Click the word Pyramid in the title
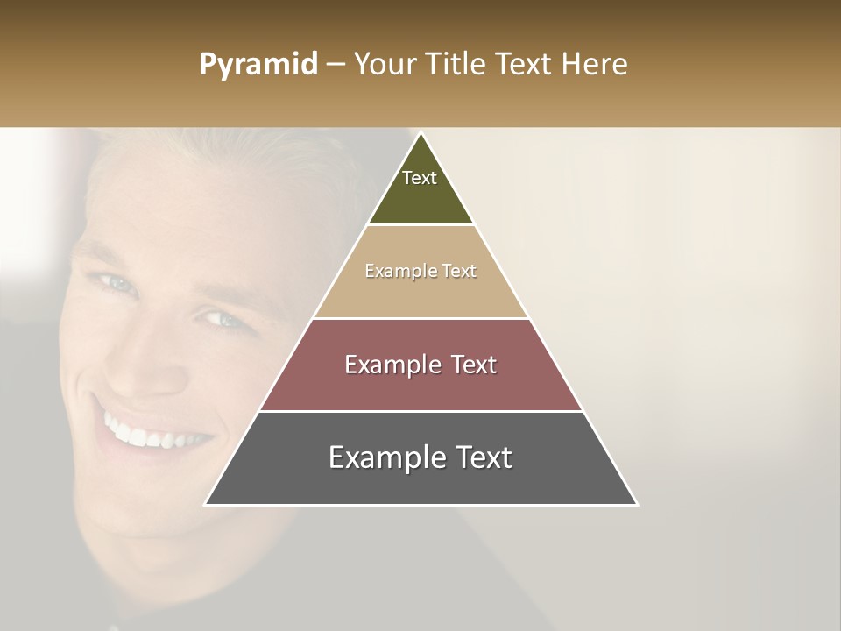click(x=258, y=65)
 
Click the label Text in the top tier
click(x=420, y=178)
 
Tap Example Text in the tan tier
click(x=420, y=271)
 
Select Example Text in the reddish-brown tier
click(x=420, y=365)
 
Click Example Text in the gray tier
click(x=420, y=457)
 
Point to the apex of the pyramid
click(x=420, y=134)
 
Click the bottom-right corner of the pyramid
click(x=636, y=504)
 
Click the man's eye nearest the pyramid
click(x=225, y=319)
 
